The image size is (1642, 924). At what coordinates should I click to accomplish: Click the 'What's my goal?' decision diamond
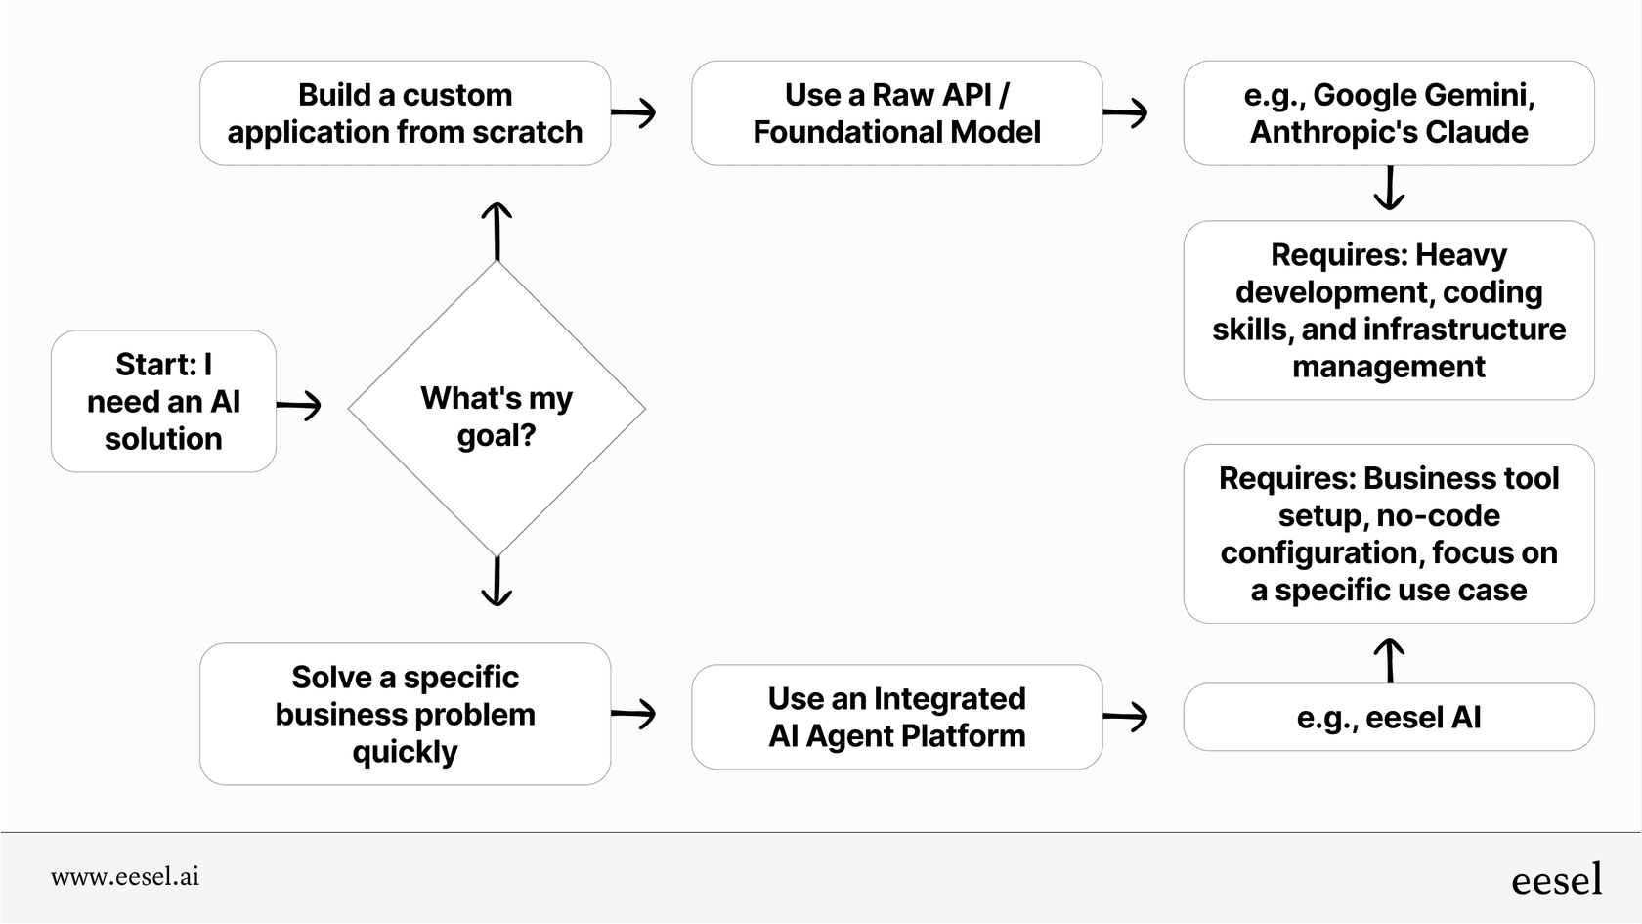click(x=497, y=409)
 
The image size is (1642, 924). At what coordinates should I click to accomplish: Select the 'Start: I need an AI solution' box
click(x=163, y=402)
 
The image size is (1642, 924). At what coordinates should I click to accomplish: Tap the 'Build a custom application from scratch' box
click(x=405, y=113)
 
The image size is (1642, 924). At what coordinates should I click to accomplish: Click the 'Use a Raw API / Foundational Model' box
click(x=896, y=113)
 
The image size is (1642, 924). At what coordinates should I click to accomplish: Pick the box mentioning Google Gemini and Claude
click(x=1388, y=113)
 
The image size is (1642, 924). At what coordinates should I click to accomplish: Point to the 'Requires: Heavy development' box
click(x=1388, y=310)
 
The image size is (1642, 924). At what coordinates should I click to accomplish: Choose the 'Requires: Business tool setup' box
click(x=1388, y=534)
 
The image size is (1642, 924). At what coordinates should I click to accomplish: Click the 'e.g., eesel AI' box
click(x=1388, y=717)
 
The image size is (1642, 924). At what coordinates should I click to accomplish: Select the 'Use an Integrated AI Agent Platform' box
click(x=896, y=717)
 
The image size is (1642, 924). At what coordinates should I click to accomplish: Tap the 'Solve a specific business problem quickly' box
click(x=405, y=714)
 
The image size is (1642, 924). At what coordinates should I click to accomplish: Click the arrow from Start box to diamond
click(x=299, y=405)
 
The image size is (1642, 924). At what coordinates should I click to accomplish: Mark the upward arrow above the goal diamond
click(x=497, y=230)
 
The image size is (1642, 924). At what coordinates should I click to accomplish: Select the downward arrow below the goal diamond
click(x=497, y=582)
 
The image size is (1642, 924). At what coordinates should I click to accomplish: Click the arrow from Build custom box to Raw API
click(x=634, y=113)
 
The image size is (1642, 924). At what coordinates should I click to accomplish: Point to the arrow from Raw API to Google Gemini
click(x=1126, y=113)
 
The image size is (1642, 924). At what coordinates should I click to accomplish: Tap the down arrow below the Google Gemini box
click(x=1388, y=189)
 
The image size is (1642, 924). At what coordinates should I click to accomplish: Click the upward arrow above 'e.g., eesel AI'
click(x=1388, y=660)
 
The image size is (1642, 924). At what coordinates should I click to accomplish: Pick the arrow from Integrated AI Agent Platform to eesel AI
click(x=1126, y=717)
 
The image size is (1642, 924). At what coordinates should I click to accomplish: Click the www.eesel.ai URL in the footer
click(x=125, y=877)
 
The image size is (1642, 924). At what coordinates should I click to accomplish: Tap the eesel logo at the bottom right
click(x=1556, y=880)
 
